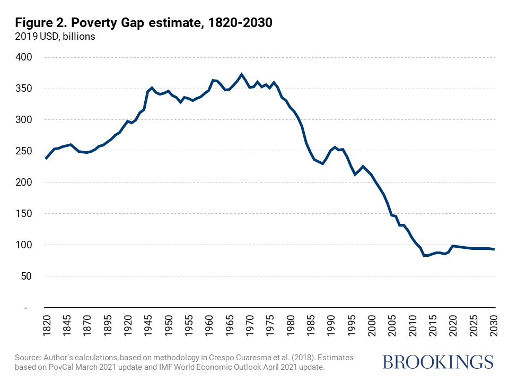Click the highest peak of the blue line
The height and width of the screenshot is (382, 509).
coord(242,74)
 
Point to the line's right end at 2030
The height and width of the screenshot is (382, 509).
coord(494,249)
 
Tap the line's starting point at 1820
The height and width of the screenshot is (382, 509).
coord(46,159)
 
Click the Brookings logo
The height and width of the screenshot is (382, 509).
coord(437,362)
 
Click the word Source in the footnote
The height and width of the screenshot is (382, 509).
coord(29,358)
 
